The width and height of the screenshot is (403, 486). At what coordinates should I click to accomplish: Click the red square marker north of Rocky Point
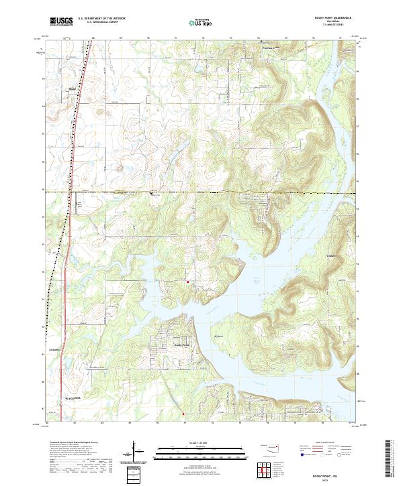coord(188,282)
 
